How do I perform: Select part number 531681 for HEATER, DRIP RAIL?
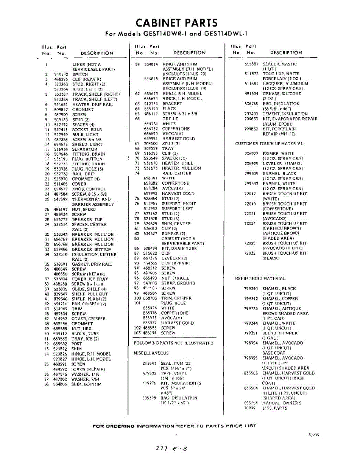pyautogui.click(x=61, y=104)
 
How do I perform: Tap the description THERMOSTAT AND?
pyautogui.click(x=91, y=199)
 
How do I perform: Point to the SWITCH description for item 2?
pyautogui.click(x=80, y=75)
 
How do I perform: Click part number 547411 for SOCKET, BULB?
pyautogui.click(x=61, y=129)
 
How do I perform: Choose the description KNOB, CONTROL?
pyautogui.click(x=89, y=189)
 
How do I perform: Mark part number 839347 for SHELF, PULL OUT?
pyautogui.click(x=61, y=294)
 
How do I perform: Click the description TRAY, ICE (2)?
pyautogui.click(x=85, y=339)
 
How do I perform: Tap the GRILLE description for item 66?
pyautogui.click(x=170, y=119)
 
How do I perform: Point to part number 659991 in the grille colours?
pyautogui.click(x=151, y=138)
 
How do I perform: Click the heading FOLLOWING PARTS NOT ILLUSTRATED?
pyautogui.click(x=173, y=343)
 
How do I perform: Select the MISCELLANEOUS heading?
pyautogui.click(x=151, y=353)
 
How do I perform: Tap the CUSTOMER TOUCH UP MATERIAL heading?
pyautogui.click(x=269, y=144)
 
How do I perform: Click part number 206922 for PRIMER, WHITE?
pyautogui.click(x=251, y=154)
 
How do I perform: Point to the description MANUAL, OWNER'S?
pyautogui.click(x=282, y=403)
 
